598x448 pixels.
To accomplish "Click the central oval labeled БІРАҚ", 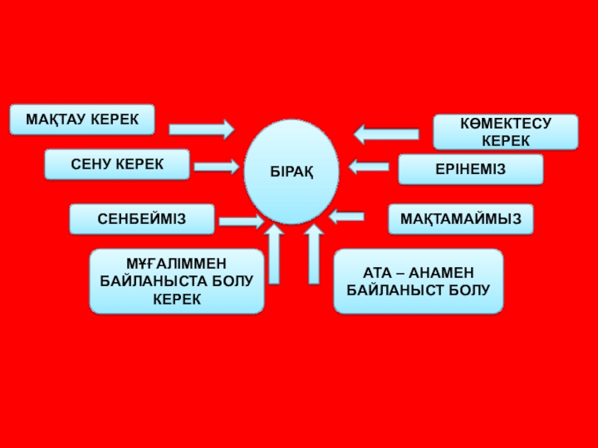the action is pos(292,172).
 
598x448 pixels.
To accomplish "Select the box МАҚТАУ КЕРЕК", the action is pos(82,119).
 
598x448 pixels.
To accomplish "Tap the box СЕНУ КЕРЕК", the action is pos(117,164).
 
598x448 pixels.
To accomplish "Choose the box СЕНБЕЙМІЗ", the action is pos(142,220).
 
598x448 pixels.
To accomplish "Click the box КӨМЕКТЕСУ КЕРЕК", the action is pos(505,132).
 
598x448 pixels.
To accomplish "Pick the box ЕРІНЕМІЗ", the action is pos(470,169).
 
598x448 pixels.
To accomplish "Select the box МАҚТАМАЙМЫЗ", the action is pos(460,220).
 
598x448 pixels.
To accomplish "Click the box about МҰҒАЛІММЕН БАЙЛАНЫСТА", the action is pos(176,281).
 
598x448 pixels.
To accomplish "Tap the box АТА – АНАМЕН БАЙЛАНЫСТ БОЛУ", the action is pos(418,281).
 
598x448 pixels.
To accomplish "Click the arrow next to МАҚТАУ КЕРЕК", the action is pos(201,129).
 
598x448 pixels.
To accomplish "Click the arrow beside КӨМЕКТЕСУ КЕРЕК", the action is pos(386,134).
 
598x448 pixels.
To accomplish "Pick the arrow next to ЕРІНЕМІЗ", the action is pos(369,167).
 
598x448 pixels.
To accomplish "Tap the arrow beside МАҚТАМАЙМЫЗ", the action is pos(347,217).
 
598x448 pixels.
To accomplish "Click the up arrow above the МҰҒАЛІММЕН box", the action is pos(274,254).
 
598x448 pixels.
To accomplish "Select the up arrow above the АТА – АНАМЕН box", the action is pos(314,254).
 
